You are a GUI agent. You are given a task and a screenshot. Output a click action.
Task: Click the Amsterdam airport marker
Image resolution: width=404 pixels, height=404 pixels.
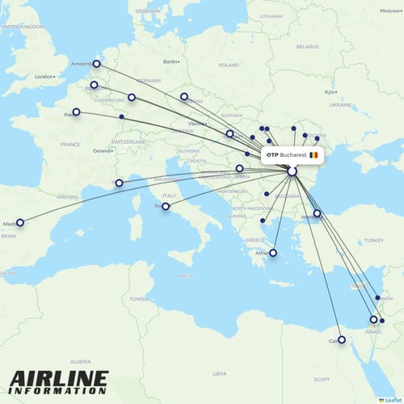[x=97, y=64]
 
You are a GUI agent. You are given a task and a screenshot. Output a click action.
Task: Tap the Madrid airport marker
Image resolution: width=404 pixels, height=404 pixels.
[x=20, y=222]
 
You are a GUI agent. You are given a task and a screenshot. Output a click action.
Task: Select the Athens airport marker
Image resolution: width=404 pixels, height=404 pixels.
[x=273, y=253]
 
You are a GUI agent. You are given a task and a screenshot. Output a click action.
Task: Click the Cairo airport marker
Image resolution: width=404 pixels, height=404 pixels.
[x=341, y=340]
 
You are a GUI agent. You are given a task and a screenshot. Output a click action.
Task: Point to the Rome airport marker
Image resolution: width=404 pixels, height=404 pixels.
[x=166, y=207]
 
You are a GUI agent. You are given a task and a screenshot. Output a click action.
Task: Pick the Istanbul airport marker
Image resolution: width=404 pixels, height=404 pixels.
[x=318, y=214]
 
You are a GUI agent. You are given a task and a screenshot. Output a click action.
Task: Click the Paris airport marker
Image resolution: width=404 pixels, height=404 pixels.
[x=77, y=112]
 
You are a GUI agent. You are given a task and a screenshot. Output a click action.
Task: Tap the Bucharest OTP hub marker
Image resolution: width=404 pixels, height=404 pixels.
[x=292, y=171]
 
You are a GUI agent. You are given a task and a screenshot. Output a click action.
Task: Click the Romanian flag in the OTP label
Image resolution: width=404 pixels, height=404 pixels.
[x=314, y=154]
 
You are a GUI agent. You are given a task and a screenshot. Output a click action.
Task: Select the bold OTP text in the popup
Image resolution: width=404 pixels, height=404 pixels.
[x=271, y=154]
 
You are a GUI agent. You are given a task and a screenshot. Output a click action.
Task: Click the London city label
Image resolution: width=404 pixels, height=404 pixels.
[x=43, y=78]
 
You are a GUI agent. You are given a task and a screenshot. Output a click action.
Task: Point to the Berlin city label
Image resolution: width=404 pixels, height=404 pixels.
[x=170, y=61]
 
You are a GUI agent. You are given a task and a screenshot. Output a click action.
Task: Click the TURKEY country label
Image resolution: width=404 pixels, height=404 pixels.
[x=373, y=241]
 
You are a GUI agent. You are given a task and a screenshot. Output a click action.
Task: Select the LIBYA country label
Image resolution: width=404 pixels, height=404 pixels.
[x=220, y=374]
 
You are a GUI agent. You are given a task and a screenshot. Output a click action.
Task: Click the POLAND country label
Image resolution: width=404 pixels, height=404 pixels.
[x=229, y=65]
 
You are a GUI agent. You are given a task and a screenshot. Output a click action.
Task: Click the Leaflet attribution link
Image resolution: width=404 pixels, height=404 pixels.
[x=391, y=399]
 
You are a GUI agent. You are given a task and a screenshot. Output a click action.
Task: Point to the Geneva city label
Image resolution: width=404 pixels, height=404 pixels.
[x=102, y=151]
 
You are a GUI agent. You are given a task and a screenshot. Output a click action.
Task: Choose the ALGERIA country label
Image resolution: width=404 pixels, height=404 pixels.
[x=81, y=362]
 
